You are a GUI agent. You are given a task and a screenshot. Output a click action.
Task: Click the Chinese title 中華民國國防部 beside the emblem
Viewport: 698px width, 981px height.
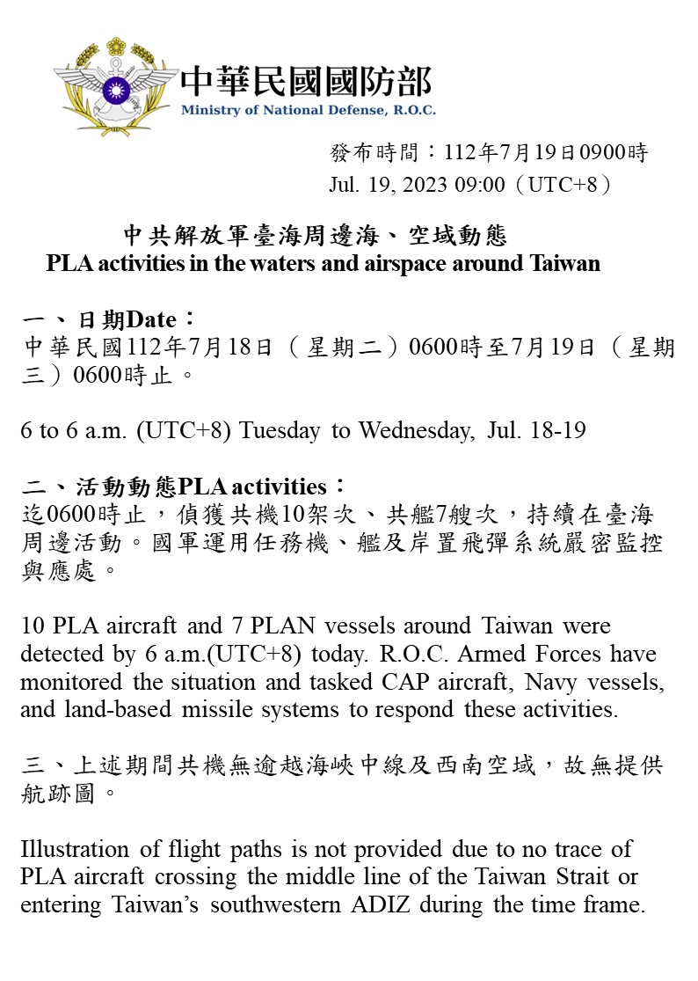[306, 82]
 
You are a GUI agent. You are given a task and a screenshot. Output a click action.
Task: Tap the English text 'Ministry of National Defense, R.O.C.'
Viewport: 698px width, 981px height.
[308, 111]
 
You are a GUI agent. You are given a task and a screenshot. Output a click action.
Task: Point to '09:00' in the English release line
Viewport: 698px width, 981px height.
[480, 186]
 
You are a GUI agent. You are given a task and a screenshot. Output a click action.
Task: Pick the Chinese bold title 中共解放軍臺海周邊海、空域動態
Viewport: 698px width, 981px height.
[315, 236]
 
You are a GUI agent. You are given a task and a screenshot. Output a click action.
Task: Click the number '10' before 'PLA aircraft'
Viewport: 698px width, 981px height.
[33, 626]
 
